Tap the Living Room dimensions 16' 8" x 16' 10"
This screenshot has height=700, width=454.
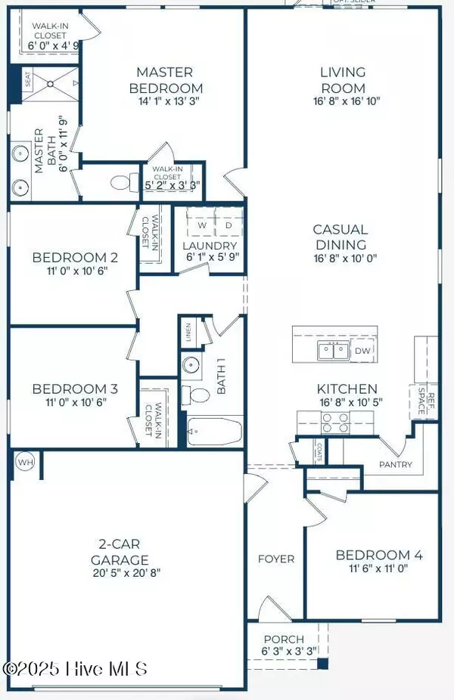(x=342, y=101)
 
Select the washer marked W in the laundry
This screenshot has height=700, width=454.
(x=202, y=225)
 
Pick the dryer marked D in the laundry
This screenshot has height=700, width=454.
(x=229, y=225)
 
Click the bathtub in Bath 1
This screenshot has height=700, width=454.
(x=214, y=432)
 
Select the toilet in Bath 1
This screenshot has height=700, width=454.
(x=198, y=395)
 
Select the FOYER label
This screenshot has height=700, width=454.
(x=278, y=559)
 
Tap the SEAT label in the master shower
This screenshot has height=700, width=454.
(x=28, y=80)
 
